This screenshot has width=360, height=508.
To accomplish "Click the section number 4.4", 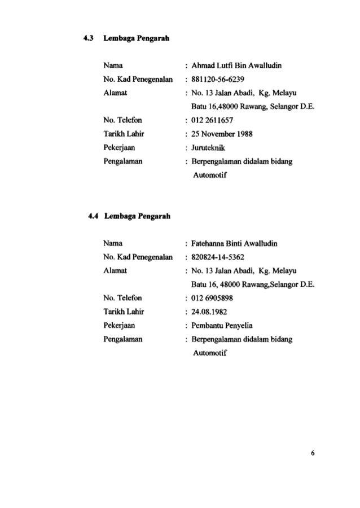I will (89, 216).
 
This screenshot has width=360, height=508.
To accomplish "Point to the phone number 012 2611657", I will (213, 120).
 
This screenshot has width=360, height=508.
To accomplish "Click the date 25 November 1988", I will (221, 134).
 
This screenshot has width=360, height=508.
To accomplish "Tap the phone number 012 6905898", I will (213, 298).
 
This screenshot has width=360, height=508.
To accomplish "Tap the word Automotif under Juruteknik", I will (208, 175).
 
